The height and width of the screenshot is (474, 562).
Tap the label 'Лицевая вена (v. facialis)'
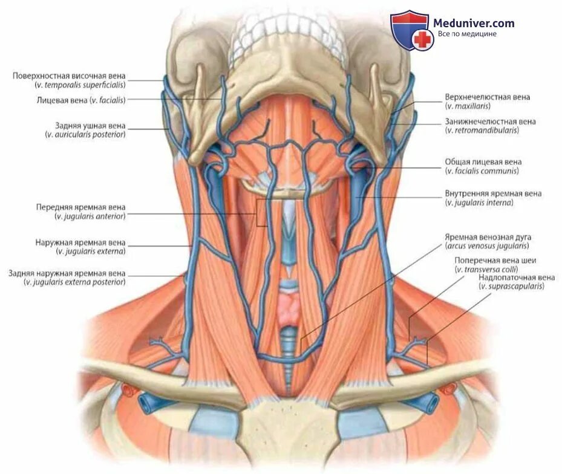(81, 100)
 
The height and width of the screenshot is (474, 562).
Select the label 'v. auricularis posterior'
(85, 134)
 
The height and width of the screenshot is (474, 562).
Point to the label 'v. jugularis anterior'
(90, 216)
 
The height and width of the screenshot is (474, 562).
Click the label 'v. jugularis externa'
(90, 251)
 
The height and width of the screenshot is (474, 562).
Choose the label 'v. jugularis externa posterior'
(75, 282)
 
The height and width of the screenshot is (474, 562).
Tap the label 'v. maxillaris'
(467, 106)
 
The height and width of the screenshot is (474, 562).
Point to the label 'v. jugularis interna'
(479, 203)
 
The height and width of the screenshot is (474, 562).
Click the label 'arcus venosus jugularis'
(486, 246)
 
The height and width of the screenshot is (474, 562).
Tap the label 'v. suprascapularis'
(511, 286)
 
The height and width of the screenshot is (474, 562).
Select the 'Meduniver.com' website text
(474, 24)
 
